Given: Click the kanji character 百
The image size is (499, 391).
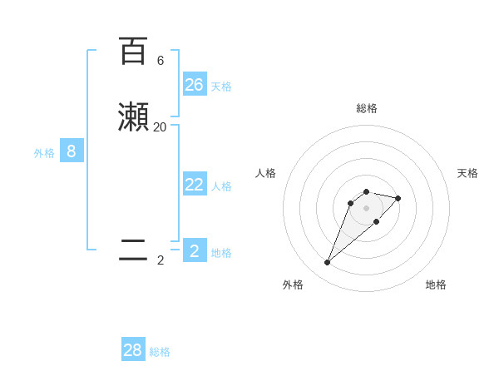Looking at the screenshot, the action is click(x=133, y=51).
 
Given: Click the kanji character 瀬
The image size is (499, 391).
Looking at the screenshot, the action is click(x=133, y=117).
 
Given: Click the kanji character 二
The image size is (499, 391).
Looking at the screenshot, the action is click(x=133, y=250).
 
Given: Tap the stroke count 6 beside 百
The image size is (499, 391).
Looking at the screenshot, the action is click(x=161, y=61).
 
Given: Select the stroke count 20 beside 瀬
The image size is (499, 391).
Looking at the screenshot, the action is click(x=160, y=127).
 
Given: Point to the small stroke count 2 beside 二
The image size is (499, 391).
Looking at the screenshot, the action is click(x=161, y=260).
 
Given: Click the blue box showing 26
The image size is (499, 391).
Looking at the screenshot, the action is click(x=195, y=85).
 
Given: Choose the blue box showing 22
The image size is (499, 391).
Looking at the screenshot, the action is click(x=195, y=185).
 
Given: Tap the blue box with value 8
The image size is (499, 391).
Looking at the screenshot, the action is click(x=72, y=151).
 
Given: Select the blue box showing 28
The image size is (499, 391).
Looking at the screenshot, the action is click(x=133, y=350).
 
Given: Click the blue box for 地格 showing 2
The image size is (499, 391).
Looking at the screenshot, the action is click(x=195, y=250).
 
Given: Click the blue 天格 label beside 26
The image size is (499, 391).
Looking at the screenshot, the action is click(x=221, y=87).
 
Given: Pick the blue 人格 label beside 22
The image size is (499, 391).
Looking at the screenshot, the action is click(x=221, y=186).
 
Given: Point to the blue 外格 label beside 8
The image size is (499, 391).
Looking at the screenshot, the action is click(x=44, y=153).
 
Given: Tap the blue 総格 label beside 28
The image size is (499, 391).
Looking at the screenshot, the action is click(x=160, y=352).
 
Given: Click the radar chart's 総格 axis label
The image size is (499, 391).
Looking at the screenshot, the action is click(x=366, y=108).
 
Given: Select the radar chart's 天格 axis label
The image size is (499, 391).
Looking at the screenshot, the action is click(x=467, y=173).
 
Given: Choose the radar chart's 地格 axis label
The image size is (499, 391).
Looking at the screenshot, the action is click(x=436, y=285).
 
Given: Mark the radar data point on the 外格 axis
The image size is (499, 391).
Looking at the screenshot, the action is click(x=327, y=263).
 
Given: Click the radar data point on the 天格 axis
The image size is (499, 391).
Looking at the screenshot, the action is click(x=398, y=198).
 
